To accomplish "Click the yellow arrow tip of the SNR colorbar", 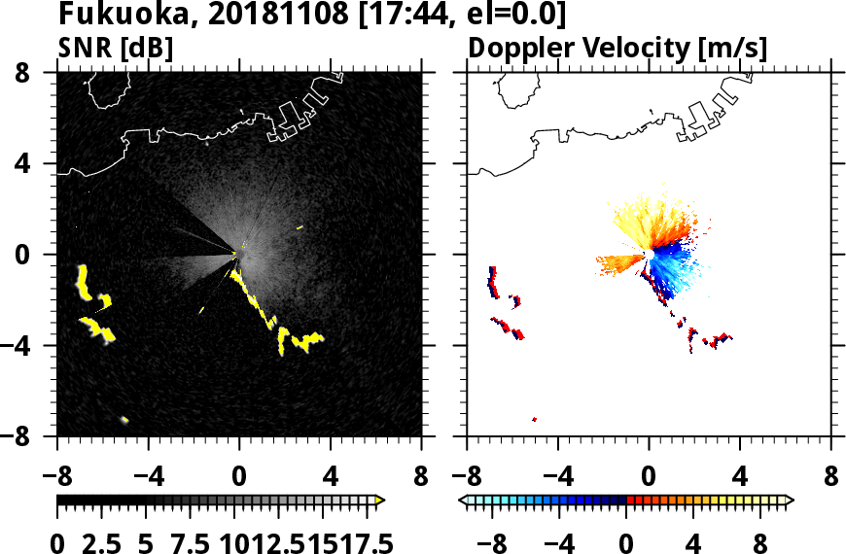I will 380,501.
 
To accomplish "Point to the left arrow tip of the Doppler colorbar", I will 463,501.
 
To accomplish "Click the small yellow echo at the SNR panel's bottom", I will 124,420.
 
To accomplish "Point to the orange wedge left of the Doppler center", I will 619,261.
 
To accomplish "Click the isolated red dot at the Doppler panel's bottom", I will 535,419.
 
